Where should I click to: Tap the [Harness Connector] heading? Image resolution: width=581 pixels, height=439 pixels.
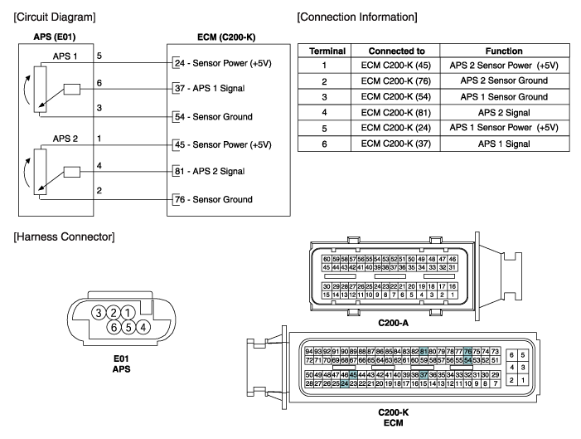tap(60, 239)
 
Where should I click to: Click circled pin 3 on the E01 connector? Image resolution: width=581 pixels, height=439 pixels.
tap(98, 312)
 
